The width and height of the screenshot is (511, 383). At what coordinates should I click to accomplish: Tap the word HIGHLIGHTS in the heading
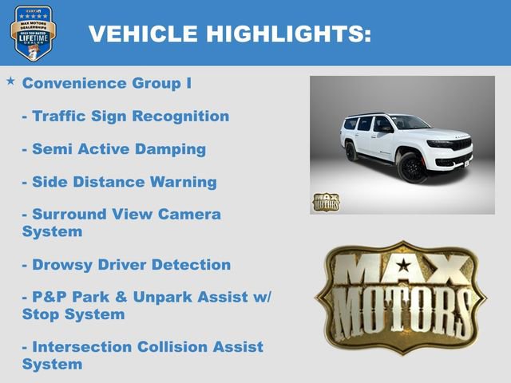pyautogui.click(x=289, y=34)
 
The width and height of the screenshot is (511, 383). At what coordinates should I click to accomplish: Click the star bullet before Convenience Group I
pyautogui.click(x=10, y=81)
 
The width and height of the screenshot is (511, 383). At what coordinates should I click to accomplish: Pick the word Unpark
pyautogui.click(x=169, y=298)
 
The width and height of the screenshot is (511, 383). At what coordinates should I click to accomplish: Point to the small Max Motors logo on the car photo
pyautogui.click(x=325, y=202)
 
